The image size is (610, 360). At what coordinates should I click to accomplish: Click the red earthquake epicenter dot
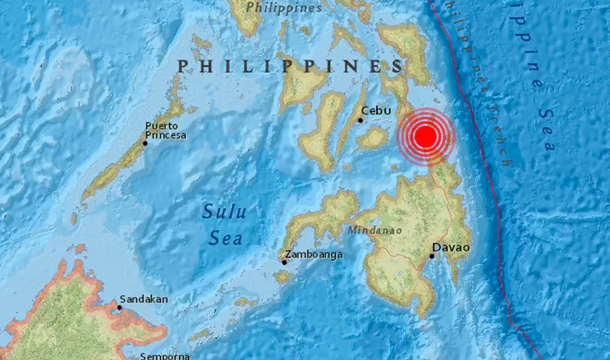click(x=426, y=136)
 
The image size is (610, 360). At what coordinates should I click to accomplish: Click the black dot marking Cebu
click(x=361, y=120)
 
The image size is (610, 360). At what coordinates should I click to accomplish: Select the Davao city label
click(x=451, y=247)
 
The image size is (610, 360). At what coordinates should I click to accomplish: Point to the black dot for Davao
click(x=431, y=256)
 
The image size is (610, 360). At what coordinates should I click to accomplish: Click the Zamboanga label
click(x=314, y=254)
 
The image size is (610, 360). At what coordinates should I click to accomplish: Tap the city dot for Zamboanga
click(x=284, y=263)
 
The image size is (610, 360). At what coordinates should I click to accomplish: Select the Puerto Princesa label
click(x=165, y=131)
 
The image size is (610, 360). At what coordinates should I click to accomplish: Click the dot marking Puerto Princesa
click(x=145, y=143)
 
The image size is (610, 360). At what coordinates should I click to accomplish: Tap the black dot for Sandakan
click(x=120, y=308)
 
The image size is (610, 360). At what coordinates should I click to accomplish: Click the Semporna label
click(x=165, y=356)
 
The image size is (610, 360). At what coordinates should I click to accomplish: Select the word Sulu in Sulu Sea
click(x=224, y=212)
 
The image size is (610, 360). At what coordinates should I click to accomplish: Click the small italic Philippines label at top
click(x=284, y=8)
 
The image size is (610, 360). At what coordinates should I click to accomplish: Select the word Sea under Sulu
click(x=224, y=237)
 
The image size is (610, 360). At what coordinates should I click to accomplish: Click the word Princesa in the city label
click(x=165, y=135)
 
